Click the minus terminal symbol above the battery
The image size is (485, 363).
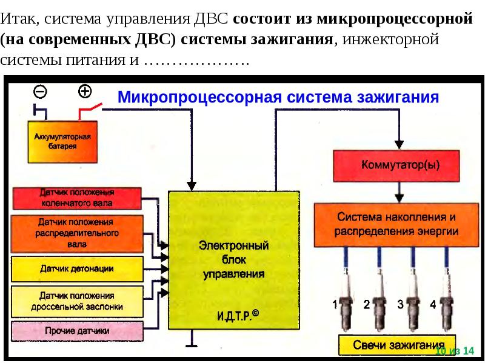[x=41, y=92]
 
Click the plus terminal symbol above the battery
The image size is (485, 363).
[x=85, y=92]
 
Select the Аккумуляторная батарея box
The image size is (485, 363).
[x=62, y=142]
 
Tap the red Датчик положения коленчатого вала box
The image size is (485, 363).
[x=76, y=198]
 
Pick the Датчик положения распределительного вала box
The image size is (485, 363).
[x=76, y=233]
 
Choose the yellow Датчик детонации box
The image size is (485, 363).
[x=76, y=268]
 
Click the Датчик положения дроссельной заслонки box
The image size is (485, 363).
[x=76, y=301]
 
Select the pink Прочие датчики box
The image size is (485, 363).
[x=76, y=331]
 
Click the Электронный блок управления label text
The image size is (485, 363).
[x=233, y=261]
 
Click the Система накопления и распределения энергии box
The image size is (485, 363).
[x=396, y=224]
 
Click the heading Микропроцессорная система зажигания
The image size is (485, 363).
[x=278, y=97]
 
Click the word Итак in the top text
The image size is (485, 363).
[x=20, y=19]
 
